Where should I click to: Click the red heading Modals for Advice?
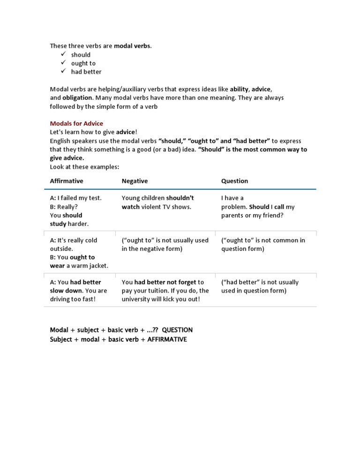(76, 124)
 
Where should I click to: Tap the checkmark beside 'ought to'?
(63, 63)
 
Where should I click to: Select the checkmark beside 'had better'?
(63, 71)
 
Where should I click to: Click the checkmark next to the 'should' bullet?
(63, 54)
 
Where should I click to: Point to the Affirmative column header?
(67, 181)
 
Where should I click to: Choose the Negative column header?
(135, 181)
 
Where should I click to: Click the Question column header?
(234, 181)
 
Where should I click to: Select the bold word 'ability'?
(239, 89)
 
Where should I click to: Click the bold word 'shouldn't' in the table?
(180, 198)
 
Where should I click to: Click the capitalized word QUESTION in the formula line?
(177, 330)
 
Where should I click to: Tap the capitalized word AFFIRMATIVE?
(167, 339)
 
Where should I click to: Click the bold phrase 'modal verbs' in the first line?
(133, 46)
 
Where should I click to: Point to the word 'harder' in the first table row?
(78, 224)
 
